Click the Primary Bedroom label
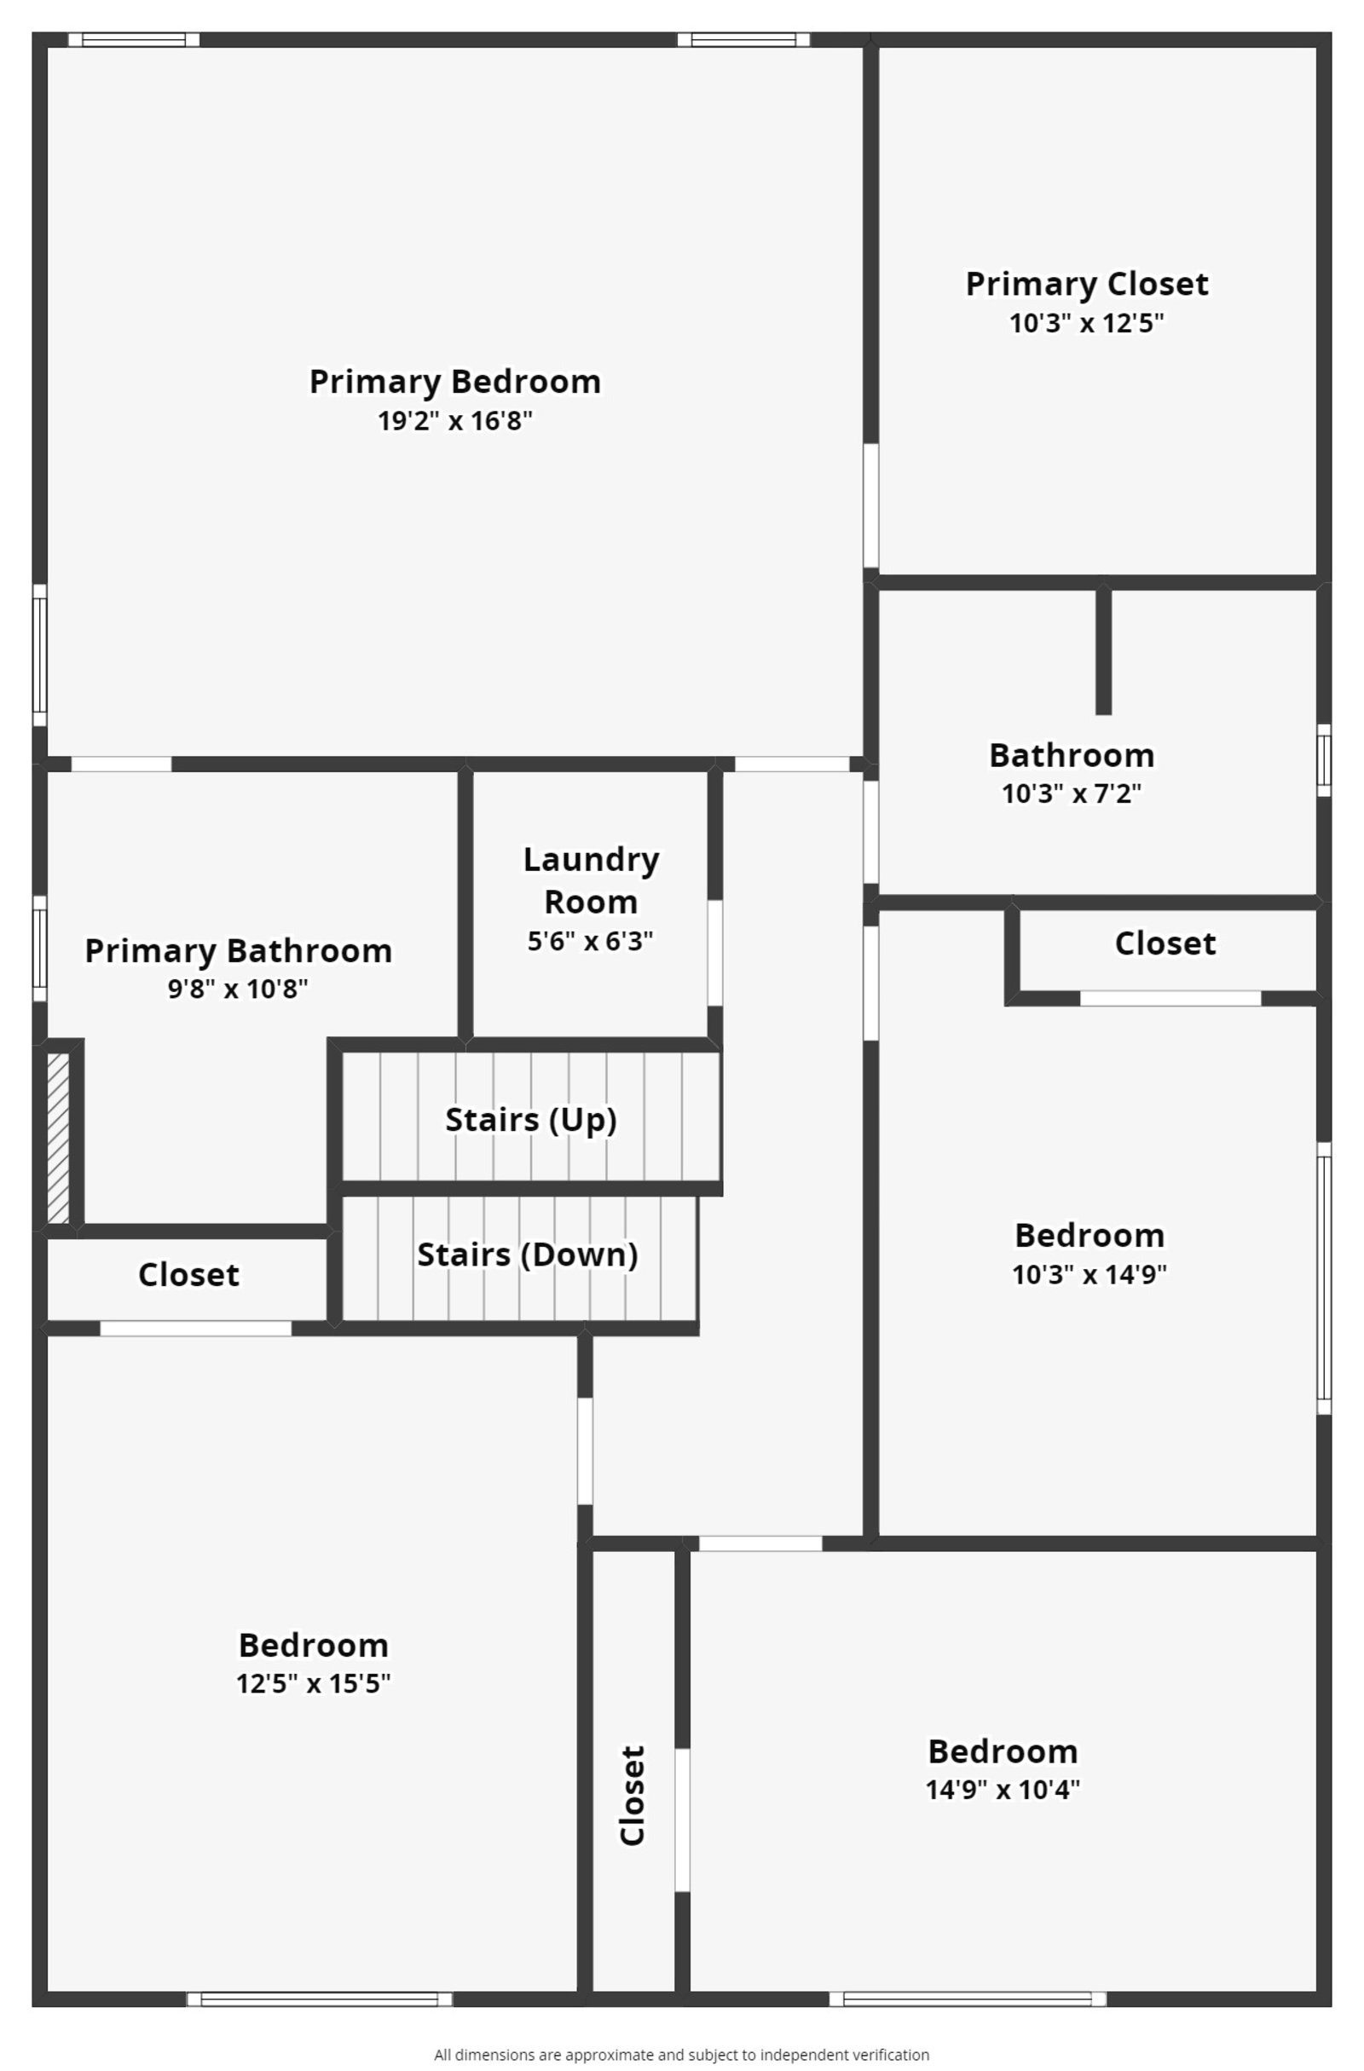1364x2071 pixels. pyautogui.click(x=454, y=381)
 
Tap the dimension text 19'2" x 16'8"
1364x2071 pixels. pyautogui.click(x=454, y=421)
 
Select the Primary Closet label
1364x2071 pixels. pyautogui.click(x=1086, y=284)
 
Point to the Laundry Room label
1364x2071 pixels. pyautogui.click(x=590, y=880)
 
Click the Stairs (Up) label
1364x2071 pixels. pyautogui.click(x=530, y=1119)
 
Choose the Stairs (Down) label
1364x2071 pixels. pyautogui.click(x=527, y=1254)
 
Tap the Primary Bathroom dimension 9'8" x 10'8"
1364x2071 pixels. pyautogui.click(x=238, y=989)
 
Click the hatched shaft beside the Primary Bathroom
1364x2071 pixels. pyautogui.click(x=57, y=1138)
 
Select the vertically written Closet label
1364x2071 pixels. pyautogui.click(x=632, y=1794)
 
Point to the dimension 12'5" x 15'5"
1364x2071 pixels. pyautogui.click(x=313, y=1683)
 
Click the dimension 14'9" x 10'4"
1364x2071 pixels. pyautogui.click(x=1002, y=1789)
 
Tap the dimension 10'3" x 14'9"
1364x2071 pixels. pyautogui.click(x=1088, y=1274)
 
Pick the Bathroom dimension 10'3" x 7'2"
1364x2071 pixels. pyautogui.click(x=1071, y=793)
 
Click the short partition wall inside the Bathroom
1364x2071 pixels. pyautogui.click(x=1103, y=651)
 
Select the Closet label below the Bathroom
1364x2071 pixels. pyautogui.click(x=1165, y=943)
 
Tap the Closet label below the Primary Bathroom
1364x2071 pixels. pyautogui.click(x=188, y=1275)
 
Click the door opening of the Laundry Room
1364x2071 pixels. pyautogui.click(x=714, y=952)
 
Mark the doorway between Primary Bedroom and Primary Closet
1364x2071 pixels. pyautogui.click(x=870, y=505)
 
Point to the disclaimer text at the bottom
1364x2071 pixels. pyautogui.click(x=681, y=2055)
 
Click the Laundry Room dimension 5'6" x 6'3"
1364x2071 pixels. pyautogui.click(x=590, y=941)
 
